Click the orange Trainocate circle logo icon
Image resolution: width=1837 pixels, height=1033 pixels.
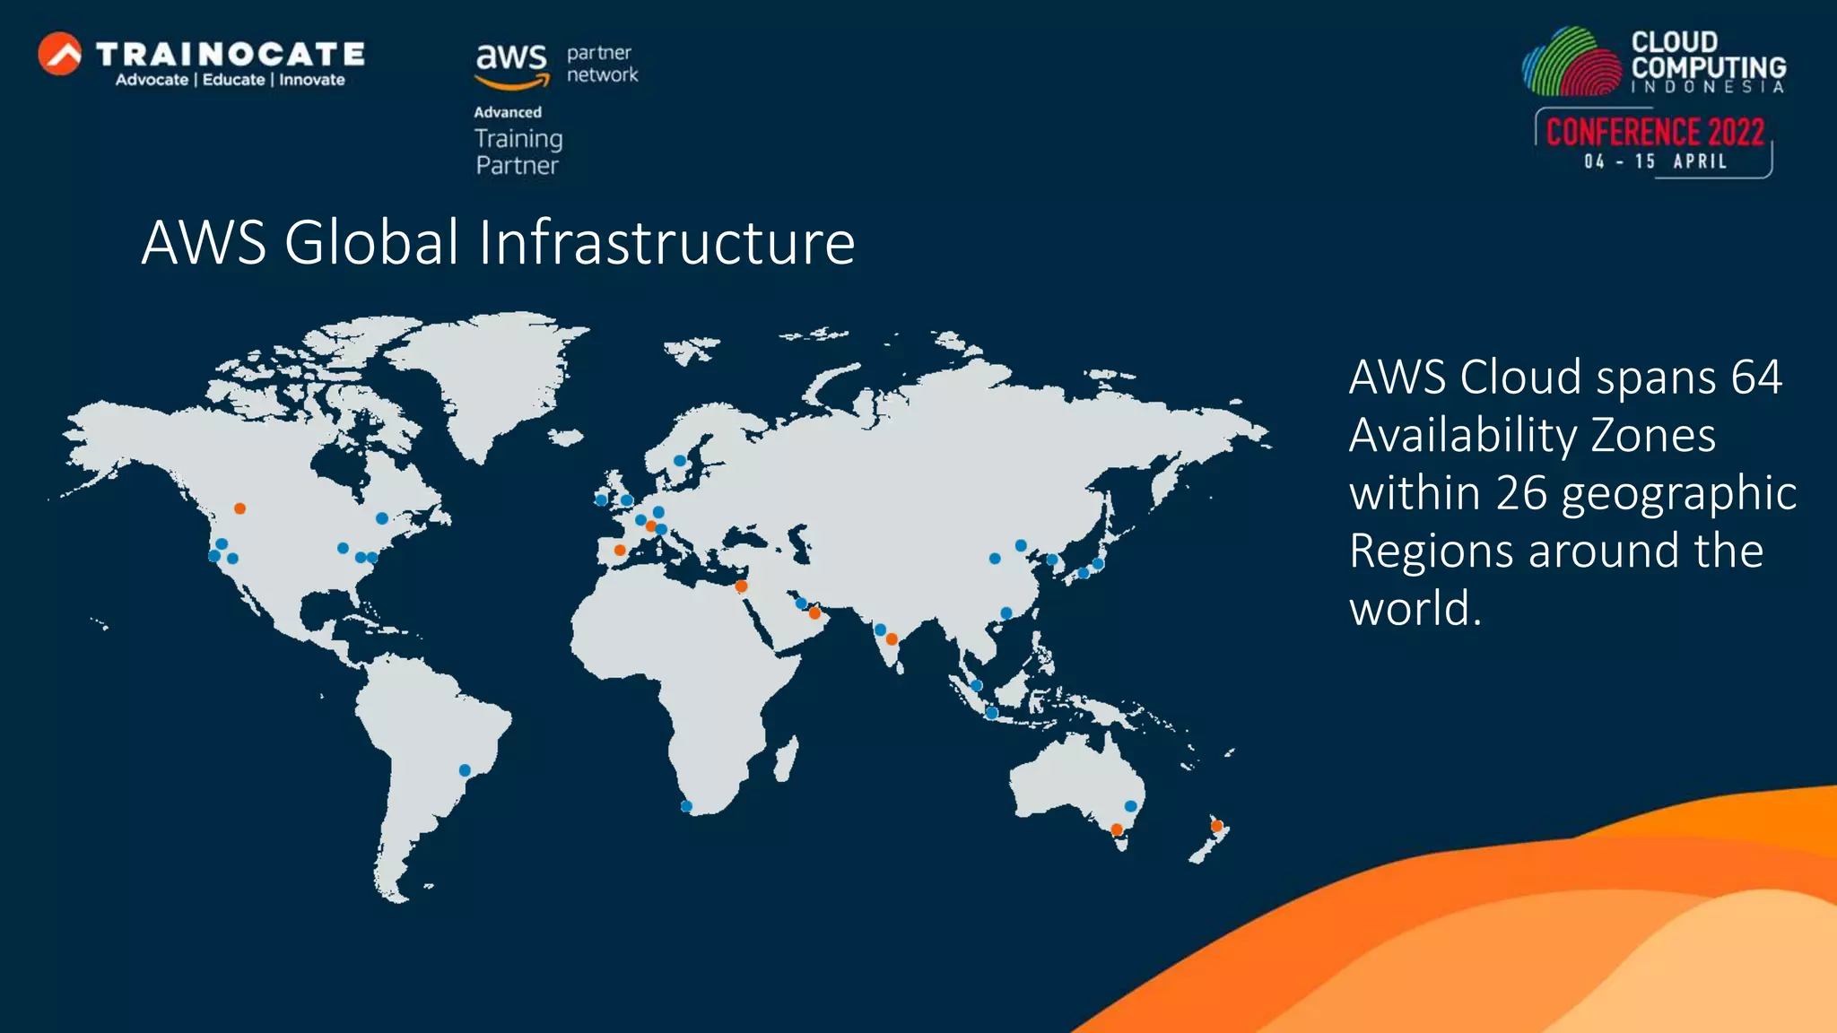[60, 54]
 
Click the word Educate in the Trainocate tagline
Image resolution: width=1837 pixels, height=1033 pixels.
[233, 80]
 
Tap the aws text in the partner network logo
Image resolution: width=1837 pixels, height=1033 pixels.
[510, 58]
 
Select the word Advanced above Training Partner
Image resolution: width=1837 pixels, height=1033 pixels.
[508, 112]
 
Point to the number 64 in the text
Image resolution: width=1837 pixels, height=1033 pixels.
[1755, 377]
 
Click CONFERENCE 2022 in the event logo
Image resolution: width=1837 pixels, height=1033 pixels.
[1655, 133]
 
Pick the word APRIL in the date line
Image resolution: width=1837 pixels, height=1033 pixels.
[1700, 162]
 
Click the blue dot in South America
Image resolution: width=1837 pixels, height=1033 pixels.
[465, 770]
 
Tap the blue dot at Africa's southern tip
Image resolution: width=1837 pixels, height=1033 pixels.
[686, 806]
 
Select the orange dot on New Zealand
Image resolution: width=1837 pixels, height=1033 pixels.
[1216, 826]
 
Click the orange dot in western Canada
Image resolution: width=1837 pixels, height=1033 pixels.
[239, 508]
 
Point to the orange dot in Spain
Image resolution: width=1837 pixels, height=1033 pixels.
[620, 550]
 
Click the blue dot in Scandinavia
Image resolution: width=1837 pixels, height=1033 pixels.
[680, 461]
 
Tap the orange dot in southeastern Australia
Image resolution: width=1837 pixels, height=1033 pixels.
[1117, 829]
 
